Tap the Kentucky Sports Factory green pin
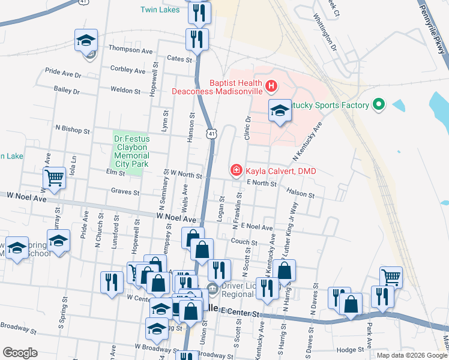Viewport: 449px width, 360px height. point(378,106)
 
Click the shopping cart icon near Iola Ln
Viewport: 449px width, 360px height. point(54,178)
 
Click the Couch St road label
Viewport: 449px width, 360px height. point(244,242)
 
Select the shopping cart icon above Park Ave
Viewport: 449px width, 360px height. point(391,277)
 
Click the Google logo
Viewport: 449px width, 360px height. point(20,353)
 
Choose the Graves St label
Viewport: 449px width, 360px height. point(125,193)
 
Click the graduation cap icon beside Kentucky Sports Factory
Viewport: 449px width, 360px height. point(279,110)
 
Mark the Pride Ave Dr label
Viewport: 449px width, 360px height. point(63,74)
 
